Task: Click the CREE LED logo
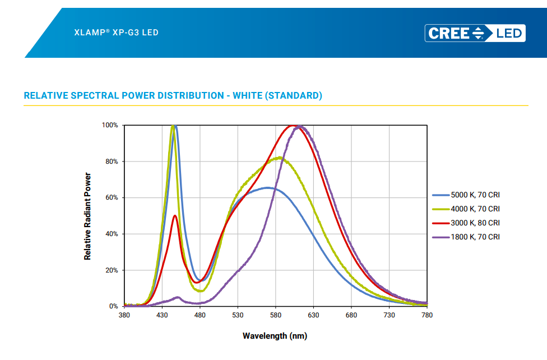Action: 475,33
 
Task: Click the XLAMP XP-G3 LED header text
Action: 117,33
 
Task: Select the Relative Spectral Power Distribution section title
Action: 173,95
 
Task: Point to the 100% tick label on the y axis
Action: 110,126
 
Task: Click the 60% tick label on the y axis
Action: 112,198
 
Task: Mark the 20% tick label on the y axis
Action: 112,270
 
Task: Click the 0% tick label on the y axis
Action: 114,307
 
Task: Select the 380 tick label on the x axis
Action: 124,316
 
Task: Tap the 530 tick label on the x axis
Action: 238,316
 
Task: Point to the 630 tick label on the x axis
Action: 313,316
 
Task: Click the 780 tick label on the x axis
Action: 427,316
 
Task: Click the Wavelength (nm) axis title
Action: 275,336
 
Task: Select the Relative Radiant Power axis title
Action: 87,216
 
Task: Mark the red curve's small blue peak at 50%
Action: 175,216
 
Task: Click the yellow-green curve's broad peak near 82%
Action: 279,158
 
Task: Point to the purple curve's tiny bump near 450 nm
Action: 178,297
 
